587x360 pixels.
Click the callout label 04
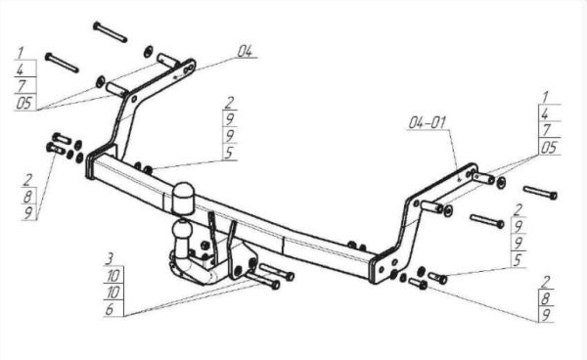(x=246, y=51)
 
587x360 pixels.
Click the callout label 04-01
(x=427, y=122)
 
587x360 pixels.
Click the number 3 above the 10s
(x=110, y=258)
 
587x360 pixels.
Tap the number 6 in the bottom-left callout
(x=110, y=309)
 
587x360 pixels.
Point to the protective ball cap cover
(x=183, y=199)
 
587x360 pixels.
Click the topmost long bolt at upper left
(x=110, y=32)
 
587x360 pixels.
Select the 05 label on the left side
(x=24, y=103)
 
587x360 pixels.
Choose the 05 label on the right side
(x=549, y=148)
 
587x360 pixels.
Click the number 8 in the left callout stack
(x=28, y=197)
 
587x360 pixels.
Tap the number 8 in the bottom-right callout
(x=545, y=298)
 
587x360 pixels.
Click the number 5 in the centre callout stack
(x=230, y=153)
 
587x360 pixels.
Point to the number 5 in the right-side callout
(x=518, y=260)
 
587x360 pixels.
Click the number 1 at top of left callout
(x=21, y=53)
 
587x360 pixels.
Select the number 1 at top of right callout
(x=545, y=97)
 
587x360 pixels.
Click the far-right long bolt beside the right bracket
(x=540, y=193)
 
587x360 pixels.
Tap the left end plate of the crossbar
(x=89, y=165)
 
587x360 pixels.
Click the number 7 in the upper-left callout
(x=22, y=86)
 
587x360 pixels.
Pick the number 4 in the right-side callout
(x=545, y=113)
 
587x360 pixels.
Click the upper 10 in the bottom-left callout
(x=113, y=276)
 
